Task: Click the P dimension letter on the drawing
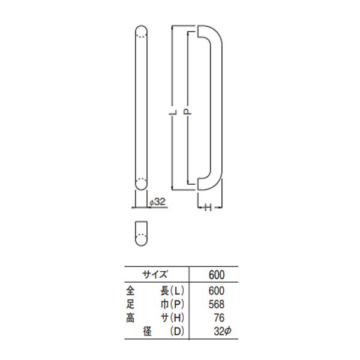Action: click(188, 112)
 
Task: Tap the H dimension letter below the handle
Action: click(208, 208)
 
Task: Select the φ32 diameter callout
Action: click(157, 202)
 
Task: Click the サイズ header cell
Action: click(155, 274)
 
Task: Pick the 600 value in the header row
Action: click(217, 275)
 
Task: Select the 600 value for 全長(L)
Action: click(217, 291)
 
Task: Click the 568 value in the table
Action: click(217, 304)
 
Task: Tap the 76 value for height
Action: click(219, 318)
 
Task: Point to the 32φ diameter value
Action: click(222, 331)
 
